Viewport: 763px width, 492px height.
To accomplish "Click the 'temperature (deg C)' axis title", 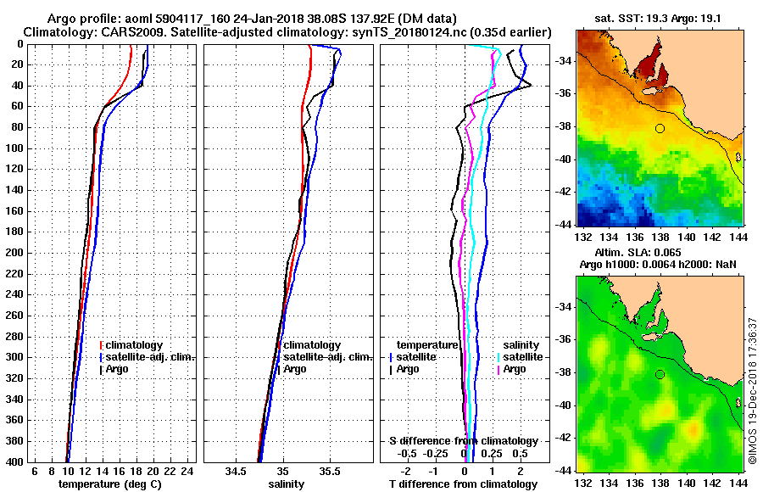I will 109,484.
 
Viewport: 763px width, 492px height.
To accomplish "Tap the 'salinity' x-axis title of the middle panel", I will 286,484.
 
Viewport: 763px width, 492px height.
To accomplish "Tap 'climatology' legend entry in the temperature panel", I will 135,345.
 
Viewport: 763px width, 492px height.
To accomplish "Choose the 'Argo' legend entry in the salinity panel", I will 295,369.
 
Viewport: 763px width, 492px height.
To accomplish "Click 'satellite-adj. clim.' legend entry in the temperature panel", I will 149,357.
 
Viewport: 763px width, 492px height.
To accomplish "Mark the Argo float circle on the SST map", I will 660,129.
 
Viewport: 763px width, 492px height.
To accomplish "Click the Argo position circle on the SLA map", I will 660,374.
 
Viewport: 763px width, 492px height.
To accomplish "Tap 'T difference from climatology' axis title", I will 463,484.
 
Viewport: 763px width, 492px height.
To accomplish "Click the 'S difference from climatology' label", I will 464,441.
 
